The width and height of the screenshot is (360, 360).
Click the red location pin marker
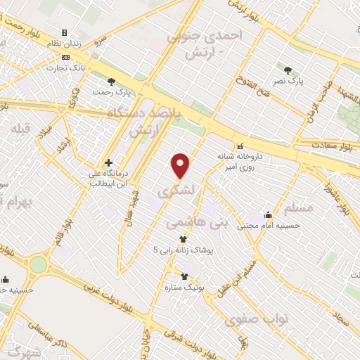point(181,165)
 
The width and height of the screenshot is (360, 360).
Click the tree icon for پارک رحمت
point(112,82)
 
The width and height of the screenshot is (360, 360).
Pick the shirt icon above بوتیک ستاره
point(184,276)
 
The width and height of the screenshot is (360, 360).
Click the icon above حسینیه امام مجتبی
point(268,215)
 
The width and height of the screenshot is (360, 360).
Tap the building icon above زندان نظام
point(65,32)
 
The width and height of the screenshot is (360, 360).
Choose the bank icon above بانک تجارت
point(65,57)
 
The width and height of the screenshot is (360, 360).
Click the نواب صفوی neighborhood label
point(257,320)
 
